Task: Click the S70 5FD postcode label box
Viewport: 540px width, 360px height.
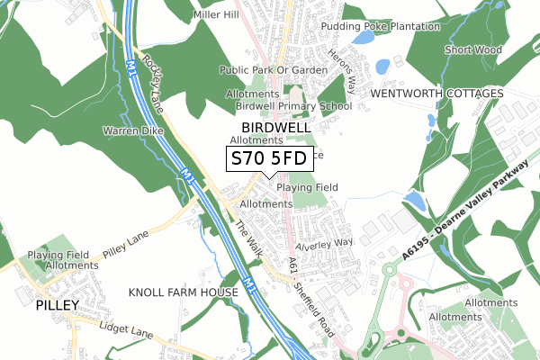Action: click(269, 159)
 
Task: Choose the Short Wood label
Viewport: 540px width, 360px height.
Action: click(472, 50)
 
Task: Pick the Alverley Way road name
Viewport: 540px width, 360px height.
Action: click(325, 244)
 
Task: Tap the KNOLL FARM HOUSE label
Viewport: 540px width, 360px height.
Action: click(184, 292)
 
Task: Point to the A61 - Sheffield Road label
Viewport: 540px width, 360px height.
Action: click(312, 294)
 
